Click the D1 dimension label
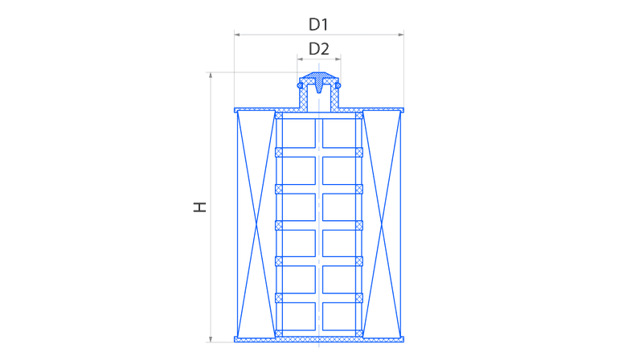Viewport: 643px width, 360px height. click(318, 25)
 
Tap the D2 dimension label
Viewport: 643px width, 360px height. click(318, 49)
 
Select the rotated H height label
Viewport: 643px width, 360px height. click(199, 207)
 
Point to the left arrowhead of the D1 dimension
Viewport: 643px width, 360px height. click(237, 35)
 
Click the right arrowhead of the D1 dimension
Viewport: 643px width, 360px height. click(401, 35)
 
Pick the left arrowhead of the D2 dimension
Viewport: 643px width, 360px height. click(300, 59)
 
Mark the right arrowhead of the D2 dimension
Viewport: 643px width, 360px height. click(338, 59)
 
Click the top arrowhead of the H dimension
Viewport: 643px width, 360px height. click(211, 75)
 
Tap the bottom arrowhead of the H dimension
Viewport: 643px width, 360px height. click(211, 339)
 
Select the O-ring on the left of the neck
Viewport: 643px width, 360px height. click(300, 85)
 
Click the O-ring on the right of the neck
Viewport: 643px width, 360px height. click(338, 85)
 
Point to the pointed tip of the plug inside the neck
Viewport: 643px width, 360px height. click(319, 92)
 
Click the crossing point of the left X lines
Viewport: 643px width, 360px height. click(256, 225)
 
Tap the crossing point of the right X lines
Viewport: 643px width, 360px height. click(381, 225)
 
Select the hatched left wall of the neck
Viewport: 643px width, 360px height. click(304, 97)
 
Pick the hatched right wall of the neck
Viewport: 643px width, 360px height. click(334, 97)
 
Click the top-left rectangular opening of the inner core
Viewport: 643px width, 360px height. click(299, 133)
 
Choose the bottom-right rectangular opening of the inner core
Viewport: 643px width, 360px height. click(339, 316)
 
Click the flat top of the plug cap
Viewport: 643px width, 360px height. click(319, 73)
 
